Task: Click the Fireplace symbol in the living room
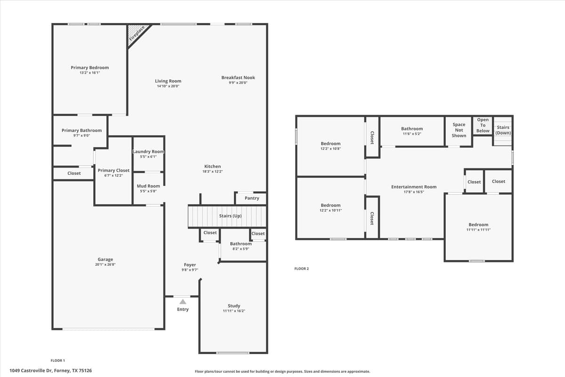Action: coord(137,34)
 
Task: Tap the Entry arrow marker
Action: coord(183,302)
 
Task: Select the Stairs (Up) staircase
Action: coord(227,216)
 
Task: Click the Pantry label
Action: coord(252,198)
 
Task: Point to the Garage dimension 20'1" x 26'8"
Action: coord(105,265)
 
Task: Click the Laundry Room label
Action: coord(148,152)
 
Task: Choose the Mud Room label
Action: coord(148,186)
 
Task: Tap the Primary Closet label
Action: coord(113,171)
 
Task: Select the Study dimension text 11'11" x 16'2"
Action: coord(234,311)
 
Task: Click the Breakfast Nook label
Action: coord(238,78)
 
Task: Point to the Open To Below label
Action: coord(483,125)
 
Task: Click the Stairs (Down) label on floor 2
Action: coord(503,130)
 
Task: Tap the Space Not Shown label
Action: coord(459,130)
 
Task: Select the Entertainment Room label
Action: coord(414,187)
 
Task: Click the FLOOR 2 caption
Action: coord(301,269)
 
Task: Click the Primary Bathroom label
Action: coord(81,131)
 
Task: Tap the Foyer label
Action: coord(190,265)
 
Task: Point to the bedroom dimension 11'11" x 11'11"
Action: coord(478,230)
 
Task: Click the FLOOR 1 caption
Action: coord(58,360)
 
